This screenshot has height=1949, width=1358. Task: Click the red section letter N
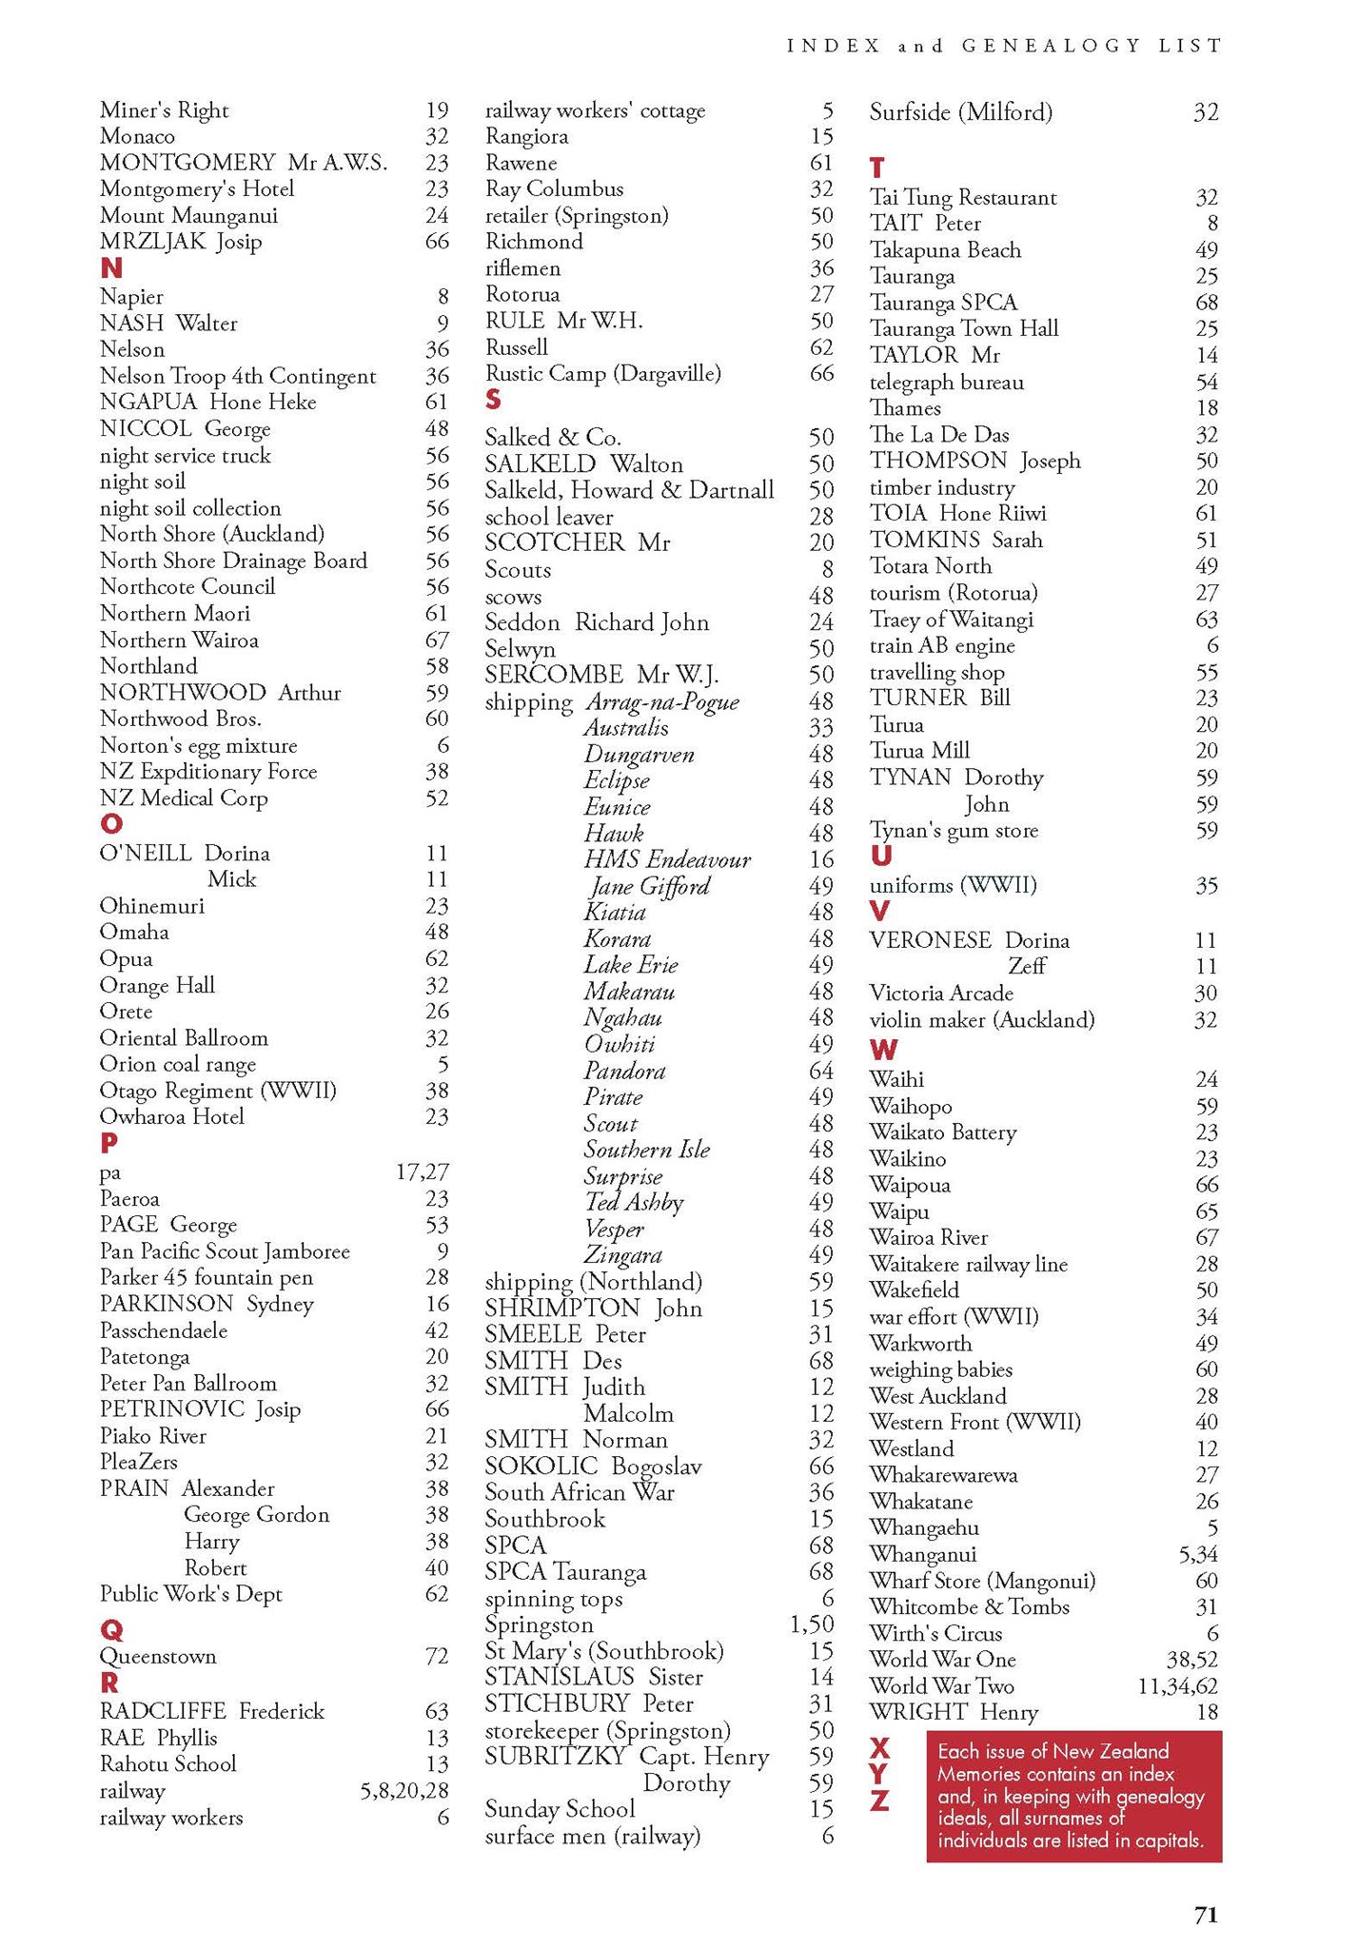tap(111, 269)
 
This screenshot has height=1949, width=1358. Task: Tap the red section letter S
tap(493, 400)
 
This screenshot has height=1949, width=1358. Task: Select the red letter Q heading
tap(111, 1630)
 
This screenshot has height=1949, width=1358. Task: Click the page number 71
tap(1206, 1916)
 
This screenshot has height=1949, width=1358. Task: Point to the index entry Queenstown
tap(158, 1657)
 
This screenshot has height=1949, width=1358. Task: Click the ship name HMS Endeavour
tap(667, 860)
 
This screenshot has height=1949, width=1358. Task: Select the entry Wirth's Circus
tap(935, 1634)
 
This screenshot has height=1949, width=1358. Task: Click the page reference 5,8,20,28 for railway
tap(403, 1792)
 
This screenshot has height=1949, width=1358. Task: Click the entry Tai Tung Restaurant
tap(963, 198)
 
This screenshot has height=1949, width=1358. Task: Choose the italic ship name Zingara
tap(623, 1255)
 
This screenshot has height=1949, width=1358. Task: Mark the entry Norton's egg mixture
tap(198, 746)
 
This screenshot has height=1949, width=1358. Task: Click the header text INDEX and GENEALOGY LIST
tap(1004, 46)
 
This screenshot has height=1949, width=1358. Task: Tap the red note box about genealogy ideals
tap(1073, 1797)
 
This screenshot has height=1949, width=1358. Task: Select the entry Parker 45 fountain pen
tap(207, 1278)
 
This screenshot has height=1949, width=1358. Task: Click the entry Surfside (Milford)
tap(961, 113)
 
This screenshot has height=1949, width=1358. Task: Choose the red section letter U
tap(881, 856)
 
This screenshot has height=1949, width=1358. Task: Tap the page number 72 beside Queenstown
tap(436, 1657)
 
